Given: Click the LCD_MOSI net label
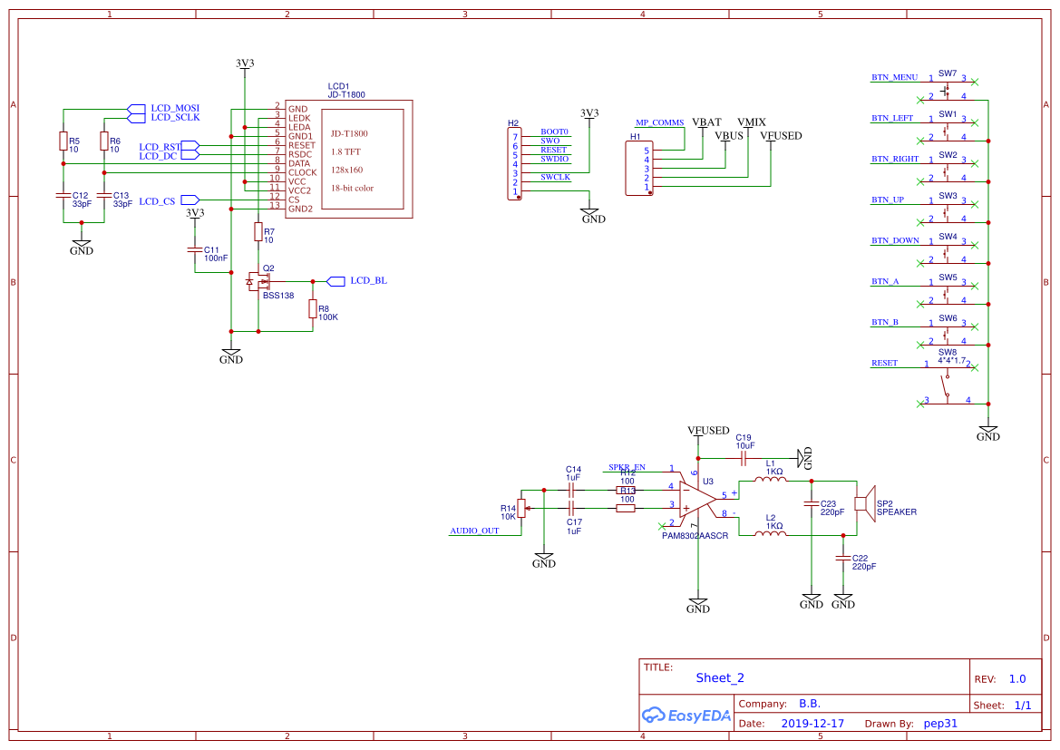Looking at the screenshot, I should pos(175,108).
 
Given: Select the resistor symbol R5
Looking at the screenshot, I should pos(63,141).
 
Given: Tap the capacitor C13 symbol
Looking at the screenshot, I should pos(104,195).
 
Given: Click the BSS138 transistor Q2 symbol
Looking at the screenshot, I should pos(258,281).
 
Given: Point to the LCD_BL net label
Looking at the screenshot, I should pos(368,280).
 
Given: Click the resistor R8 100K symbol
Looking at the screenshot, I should pos(313,309).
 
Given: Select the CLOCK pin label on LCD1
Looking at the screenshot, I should pos(302,172).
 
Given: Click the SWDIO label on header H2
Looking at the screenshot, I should pos(554,159).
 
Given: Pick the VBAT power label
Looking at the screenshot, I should pos(706,122).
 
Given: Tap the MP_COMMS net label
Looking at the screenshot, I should pos(659,122).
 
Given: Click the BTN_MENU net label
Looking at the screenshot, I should pos(894,77).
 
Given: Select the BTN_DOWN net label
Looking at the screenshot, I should pos(895,240).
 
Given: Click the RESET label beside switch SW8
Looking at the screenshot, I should pos(884,363).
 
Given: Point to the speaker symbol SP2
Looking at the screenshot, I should pos(864,503).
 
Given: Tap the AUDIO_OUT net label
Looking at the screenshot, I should pos(474,531).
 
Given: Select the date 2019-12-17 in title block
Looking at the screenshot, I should pos(812,724).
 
